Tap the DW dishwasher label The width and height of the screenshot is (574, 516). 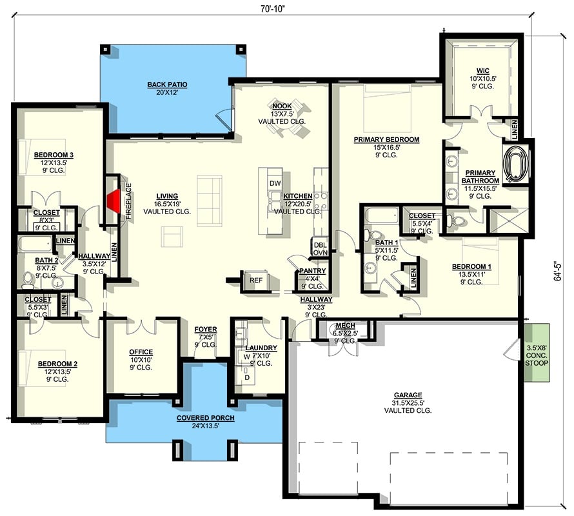[275, 183]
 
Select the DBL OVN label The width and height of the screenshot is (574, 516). [320, 248]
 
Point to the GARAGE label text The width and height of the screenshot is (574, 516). [408, 395]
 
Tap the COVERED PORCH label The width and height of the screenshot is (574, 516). [205, 418]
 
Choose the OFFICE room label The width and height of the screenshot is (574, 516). [141, 352]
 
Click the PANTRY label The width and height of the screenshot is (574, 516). [313, 271]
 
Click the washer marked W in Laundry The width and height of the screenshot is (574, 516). [246, 356]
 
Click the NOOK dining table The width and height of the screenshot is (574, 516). [284, 128]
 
